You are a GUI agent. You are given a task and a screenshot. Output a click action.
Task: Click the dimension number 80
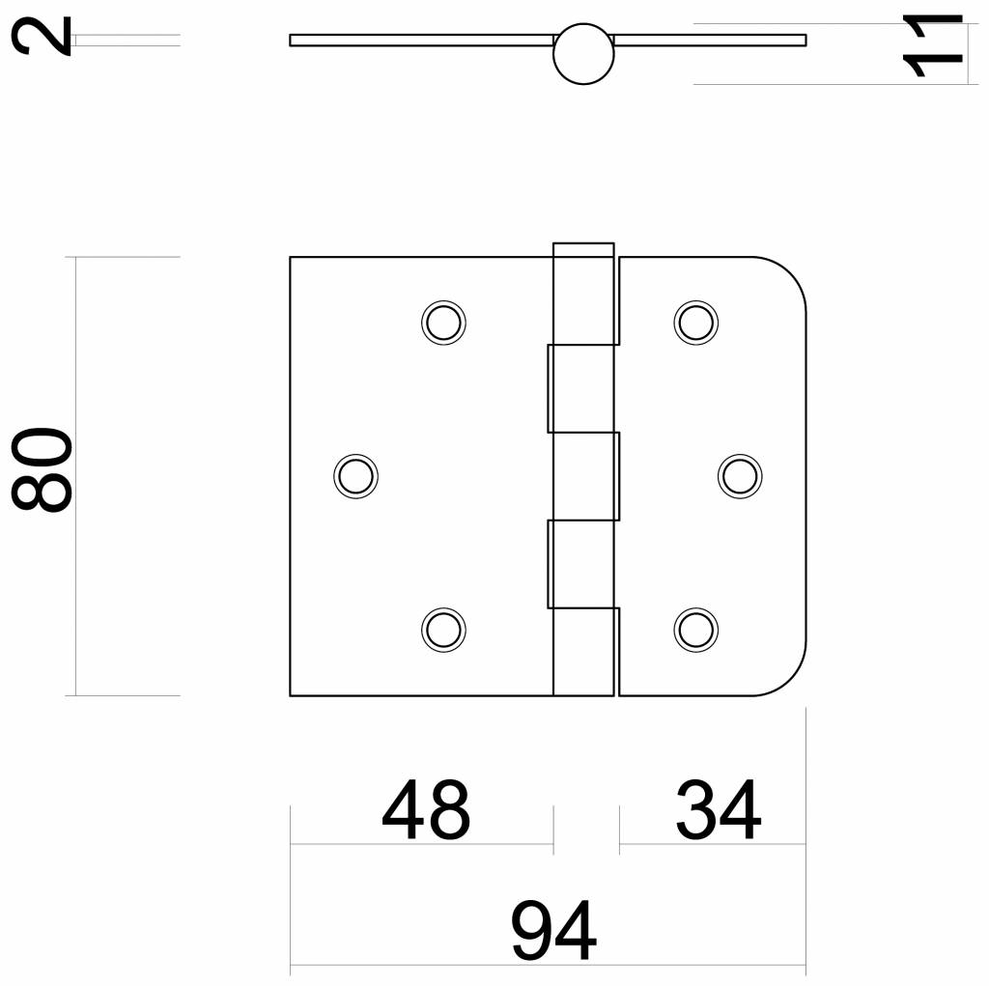42,470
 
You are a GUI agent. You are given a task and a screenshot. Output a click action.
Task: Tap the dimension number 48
426,811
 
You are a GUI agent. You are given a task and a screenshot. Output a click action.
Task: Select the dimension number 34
718,811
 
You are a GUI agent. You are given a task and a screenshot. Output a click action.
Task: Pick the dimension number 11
932,45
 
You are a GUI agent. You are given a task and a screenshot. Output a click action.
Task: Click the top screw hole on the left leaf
443,321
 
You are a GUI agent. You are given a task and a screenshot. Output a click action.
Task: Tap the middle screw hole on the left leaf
355,475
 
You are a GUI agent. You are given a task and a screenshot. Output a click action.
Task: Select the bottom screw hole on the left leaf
443,629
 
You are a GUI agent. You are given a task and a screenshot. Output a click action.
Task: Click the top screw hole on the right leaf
694,321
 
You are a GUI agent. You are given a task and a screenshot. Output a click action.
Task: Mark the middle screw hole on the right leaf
740,475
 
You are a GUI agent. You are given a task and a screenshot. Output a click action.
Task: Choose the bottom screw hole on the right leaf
694,629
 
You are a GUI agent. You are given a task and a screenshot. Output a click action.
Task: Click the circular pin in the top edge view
583,54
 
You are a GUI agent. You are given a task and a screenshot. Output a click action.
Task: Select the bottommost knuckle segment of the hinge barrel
583,652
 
